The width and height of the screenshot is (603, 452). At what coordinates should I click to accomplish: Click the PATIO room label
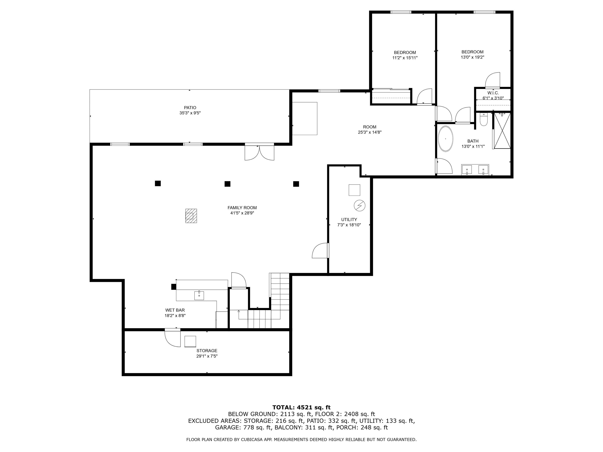[x=190, y=108]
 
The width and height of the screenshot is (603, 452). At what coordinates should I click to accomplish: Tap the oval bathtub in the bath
[x=445, y=139]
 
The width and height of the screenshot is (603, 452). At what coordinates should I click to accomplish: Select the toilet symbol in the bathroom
[x=483, y=120]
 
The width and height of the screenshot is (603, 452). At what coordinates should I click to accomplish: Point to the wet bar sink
[x=199, y=295]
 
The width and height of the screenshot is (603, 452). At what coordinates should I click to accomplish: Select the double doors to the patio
[x=259, y=153]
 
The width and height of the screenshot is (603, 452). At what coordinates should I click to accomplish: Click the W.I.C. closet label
[x=493, y=93]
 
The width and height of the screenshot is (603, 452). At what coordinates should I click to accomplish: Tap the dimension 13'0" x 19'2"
[x=472, y=57]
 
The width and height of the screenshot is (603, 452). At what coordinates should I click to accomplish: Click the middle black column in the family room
[x=227, y=184]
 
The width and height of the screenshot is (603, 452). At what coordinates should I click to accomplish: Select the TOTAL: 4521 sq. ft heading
[x=301, y=407]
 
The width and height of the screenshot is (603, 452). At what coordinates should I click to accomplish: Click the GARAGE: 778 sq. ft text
[x=243, y=427]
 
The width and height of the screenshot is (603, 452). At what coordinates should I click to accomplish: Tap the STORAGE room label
[x=207, y=351]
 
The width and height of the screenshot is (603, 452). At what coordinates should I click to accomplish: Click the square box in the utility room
[x=354, y=190]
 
